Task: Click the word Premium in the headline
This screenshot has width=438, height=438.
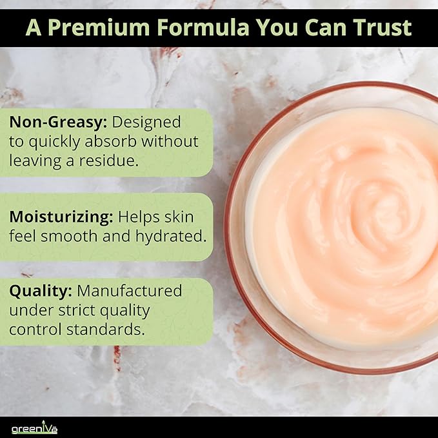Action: pos(99,27)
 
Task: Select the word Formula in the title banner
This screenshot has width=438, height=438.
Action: pos(203,27)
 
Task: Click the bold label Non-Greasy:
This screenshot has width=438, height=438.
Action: pos(58,123)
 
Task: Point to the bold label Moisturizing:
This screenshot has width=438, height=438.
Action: pos(61,217)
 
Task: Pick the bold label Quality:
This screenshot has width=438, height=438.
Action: pos(41,292)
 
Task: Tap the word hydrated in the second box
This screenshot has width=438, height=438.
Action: pos(171,236)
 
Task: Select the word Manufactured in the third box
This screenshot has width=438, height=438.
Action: pos(129,291)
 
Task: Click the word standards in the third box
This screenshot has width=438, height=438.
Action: pos(106,330)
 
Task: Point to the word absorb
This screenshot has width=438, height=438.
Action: pos(110,141)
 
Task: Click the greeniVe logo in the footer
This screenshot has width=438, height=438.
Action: pos(34,428)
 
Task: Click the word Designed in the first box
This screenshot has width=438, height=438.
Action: pos(146,123)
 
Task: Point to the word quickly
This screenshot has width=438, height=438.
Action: pos(54,142)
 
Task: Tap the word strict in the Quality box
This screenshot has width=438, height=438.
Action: pos(76,310)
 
